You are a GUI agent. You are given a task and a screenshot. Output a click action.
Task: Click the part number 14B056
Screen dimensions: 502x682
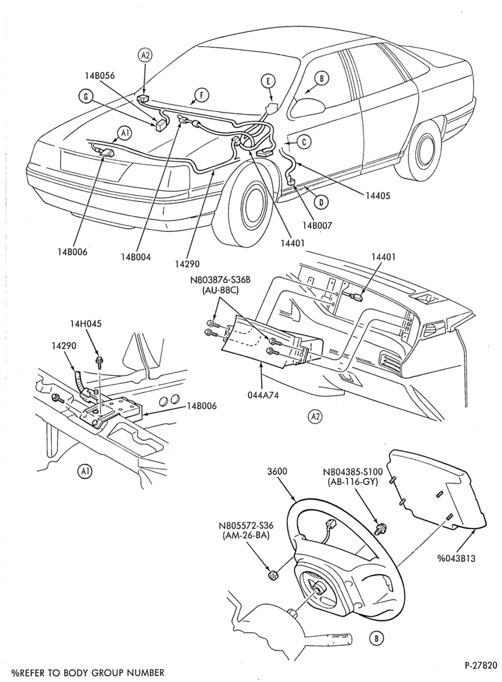tap(100, 75)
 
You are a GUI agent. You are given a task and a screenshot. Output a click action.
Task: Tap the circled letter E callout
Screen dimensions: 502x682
tap(269, 81)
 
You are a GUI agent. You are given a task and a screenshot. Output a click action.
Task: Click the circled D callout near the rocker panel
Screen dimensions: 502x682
tap(321, 202)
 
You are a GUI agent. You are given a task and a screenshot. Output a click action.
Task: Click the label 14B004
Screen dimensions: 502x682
tap(136, 256)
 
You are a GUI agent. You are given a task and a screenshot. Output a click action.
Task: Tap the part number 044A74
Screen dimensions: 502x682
tap(263, 395)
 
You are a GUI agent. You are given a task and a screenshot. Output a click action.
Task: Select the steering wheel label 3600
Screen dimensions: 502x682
tap(277, 471)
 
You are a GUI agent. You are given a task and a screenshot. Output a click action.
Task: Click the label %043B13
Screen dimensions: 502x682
tap(455, 558)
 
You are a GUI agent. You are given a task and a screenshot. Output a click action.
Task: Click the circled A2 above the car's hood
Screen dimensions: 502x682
tap(145, 55)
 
